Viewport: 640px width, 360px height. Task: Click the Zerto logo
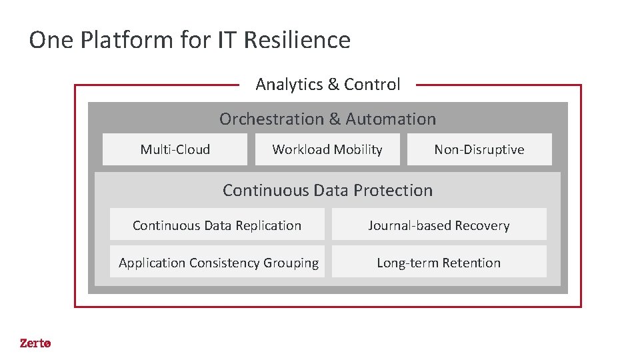point(35,343)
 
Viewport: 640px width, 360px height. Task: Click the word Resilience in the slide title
point(297,41)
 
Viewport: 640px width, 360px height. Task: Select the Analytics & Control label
point(328,85)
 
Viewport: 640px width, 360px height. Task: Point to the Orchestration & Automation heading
point(327,119)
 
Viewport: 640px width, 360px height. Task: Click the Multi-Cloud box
point(175,149)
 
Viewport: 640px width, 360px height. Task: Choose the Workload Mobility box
point(327,149)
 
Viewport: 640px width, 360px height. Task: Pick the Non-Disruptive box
point(479,149)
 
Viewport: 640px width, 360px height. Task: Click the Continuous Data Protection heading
point(327,190)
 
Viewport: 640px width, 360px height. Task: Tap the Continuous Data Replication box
point(217,225)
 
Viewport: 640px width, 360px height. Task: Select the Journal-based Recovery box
point(439,225)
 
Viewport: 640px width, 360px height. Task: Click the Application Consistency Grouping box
point(217,262)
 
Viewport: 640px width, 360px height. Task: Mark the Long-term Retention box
point(439,262)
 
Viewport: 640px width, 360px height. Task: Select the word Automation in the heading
point(391,119)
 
